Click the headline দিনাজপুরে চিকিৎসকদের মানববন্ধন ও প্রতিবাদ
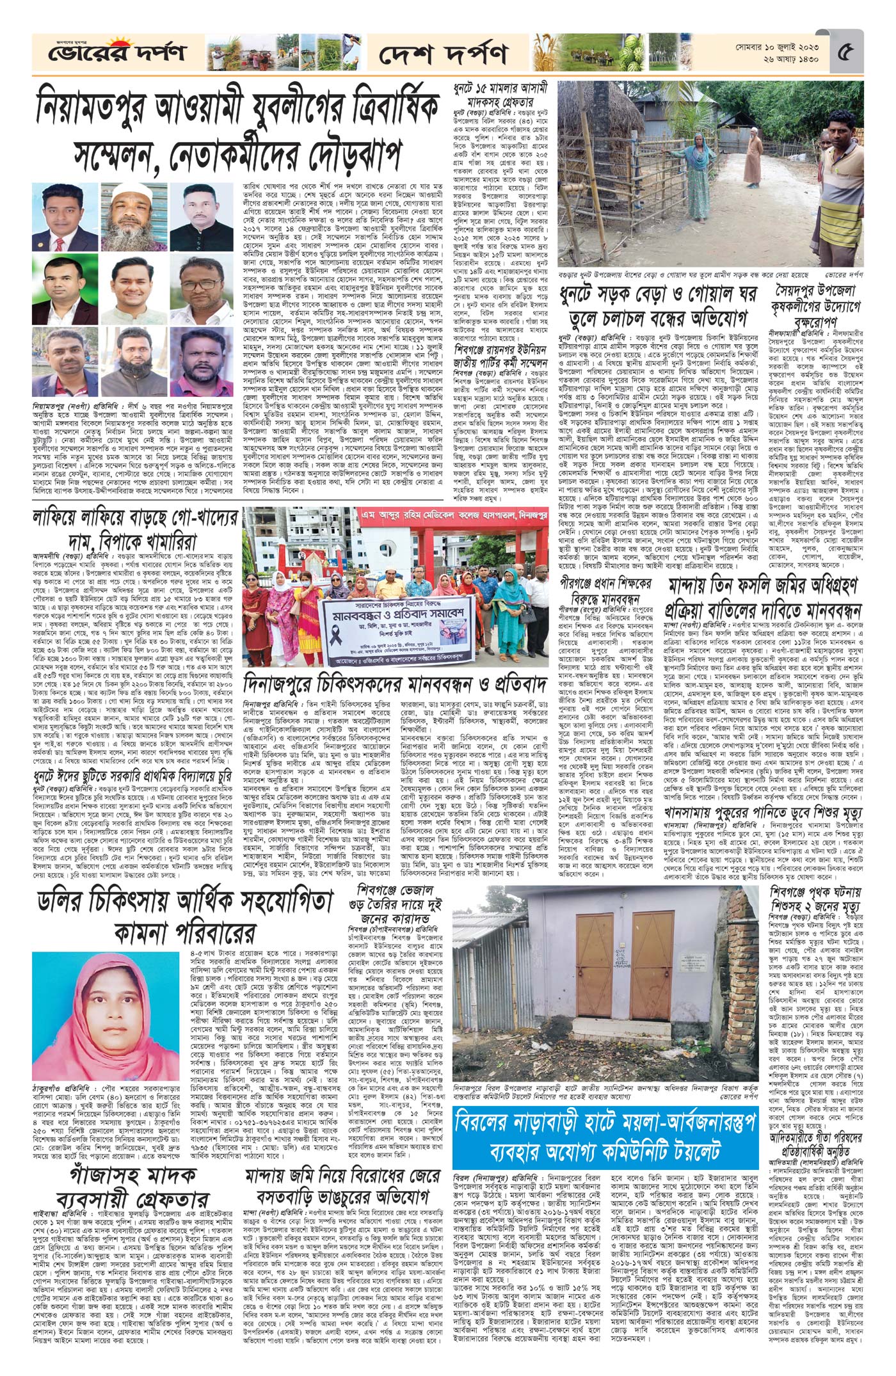394,700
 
